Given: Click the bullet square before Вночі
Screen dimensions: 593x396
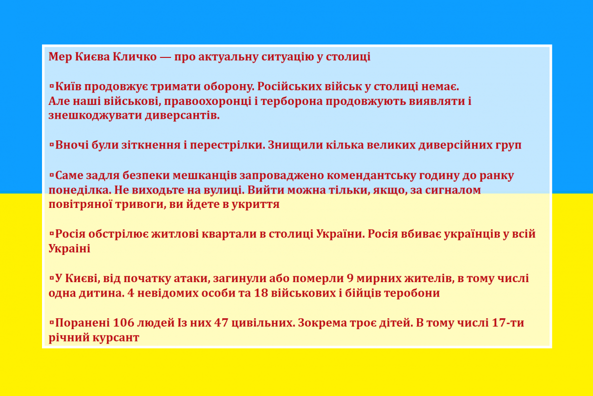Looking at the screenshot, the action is tap(51, 145).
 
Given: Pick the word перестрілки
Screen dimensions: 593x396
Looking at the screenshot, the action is tap(227, 146).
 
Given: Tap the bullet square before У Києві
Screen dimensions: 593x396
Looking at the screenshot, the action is tap(51, 278).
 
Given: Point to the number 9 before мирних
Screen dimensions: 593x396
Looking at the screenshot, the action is tap(350, 279).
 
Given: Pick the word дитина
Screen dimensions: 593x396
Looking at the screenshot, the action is tap(102, 294).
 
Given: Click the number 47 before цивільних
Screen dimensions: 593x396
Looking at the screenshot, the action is tap(221, 323).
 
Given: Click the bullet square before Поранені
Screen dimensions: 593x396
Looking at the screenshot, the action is tap(51, 323).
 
